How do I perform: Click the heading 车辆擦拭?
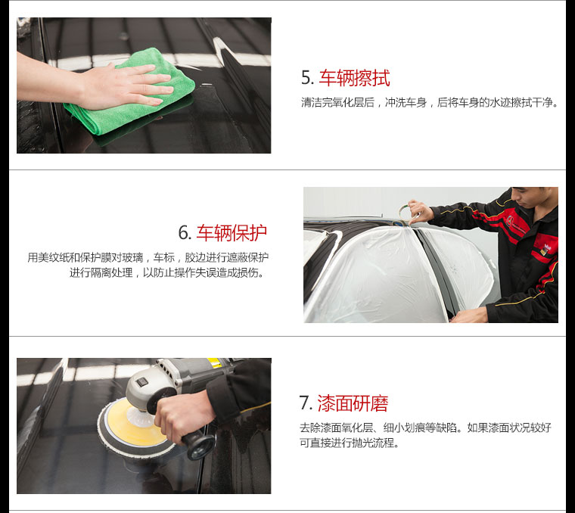coord(354,78)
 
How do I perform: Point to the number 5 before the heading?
coord(307,78)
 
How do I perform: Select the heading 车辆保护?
coord(232,233)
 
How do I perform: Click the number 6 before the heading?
coord(185,233)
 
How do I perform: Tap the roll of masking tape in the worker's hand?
coord(406,214)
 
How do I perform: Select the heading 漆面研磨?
coord(353,403)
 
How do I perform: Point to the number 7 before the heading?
coord(305,403)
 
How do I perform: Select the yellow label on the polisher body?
coord(215,362)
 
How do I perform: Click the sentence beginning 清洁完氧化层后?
coord(430,103)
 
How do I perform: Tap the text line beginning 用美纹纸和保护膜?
coord(148,257)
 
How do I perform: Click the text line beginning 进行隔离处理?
coord(167,273)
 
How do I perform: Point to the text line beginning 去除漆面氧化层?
coord(425,427)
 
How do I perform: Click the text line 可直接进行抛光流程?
coord(349,443)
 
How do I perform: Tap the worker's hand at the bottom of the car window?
coord(470,316)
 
